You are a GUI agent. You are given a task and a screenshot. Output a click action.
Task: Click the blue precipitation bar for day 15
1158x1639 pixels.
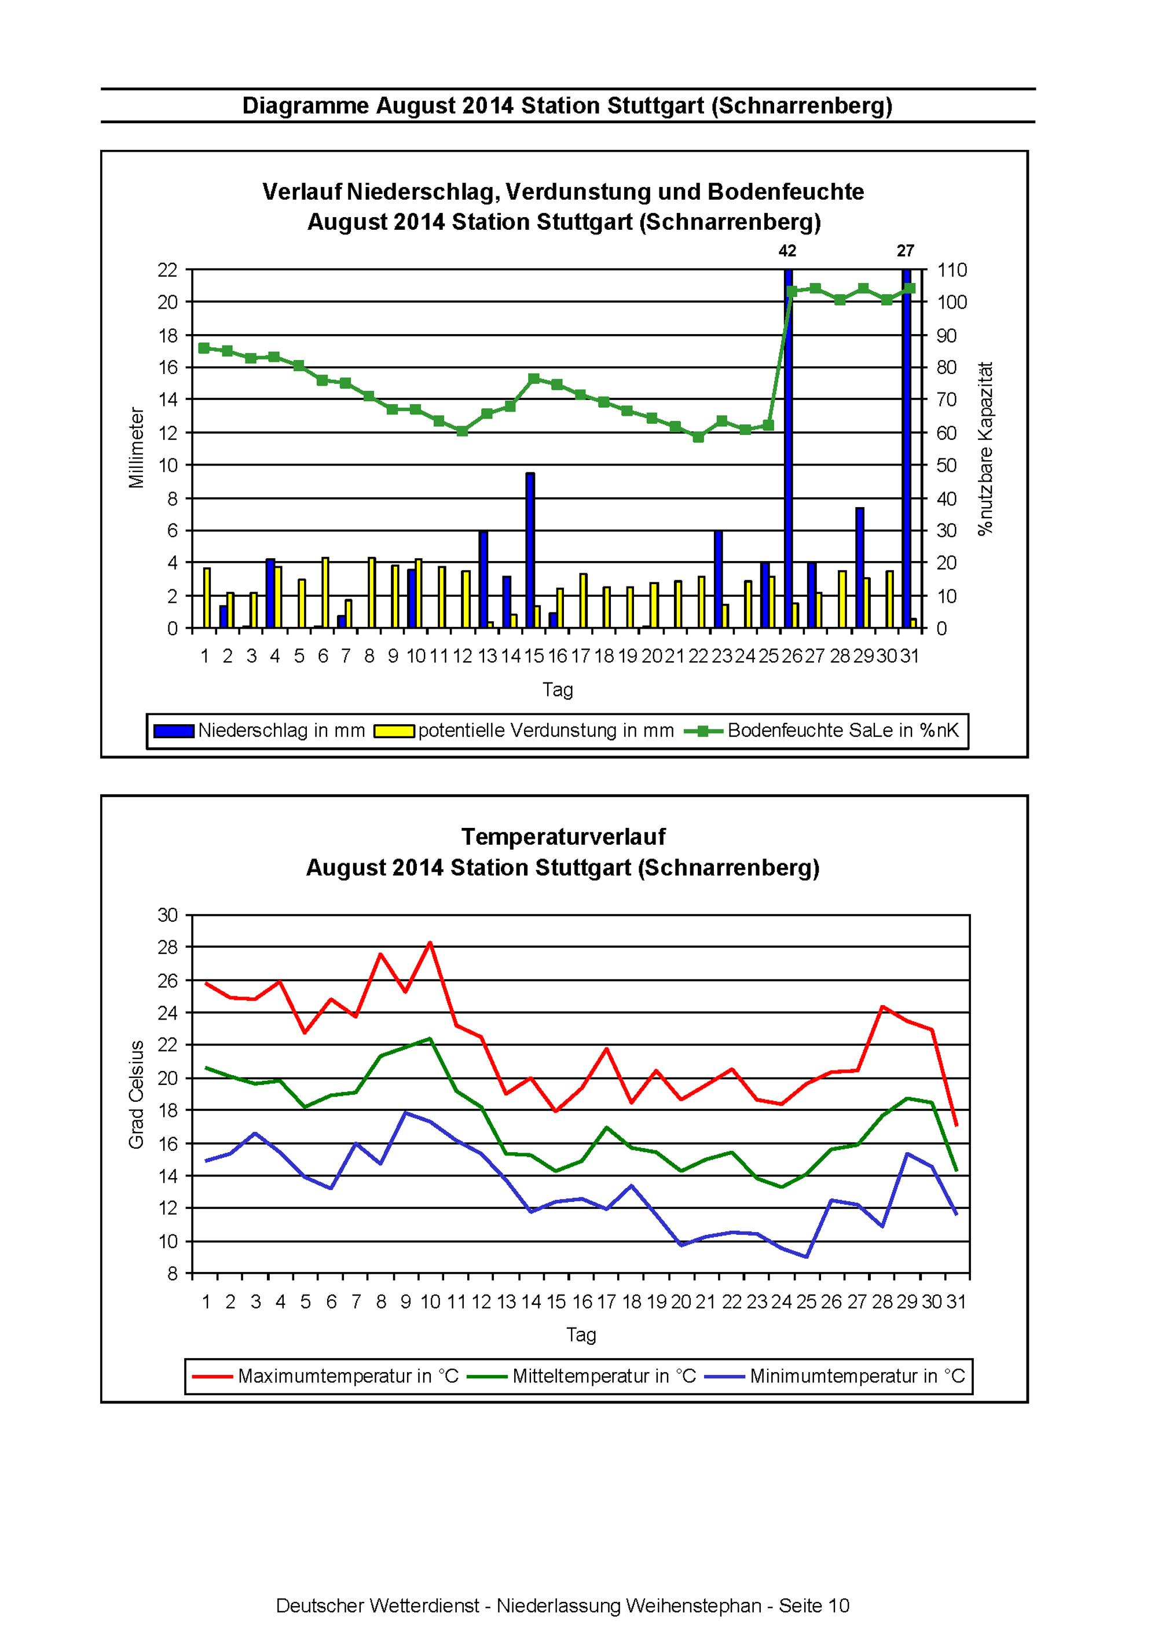coord(530,551)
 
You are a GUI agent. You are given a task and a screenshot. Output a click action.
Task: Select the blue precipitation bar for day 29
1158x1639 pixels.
coord(860,568)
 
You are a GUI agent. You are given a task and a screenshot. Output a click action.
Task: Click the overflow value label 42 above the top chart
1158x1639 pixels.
coord(787,251)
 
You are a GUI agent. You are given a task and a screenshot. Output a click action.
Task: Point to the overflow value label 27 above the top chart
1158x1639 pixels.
coord(906,251)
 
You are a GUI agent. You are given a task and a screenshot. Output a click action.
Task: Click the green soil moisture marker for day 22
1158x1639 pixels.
coord(698,437)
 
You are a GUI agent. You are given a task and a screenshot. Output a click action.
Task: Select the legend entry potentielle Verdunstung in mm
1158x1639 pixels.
coord(524,730)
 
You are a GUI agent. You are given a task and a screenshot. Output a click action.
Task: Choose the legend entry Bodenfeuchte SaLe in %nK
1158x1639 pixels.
coord(822,730)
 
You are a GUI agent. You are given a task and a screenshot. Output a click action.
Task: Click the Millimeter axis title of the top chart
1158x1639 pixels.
coord(137,448)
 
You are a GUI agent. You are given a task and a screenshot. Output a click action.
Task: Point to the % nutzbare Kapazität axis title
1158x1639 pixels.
coord(986,448)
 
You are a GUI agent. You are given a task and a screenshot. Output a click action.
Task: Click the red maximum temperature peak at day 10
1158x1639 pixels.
coord(430,943)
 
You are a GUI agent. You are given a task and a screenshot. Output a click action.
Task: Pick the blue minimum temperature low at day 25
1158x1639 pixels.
coord(806,1257)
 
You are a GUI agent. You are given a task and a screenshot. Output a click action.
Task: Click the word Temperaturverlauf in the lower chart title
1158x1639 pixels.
coord(564,836)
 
